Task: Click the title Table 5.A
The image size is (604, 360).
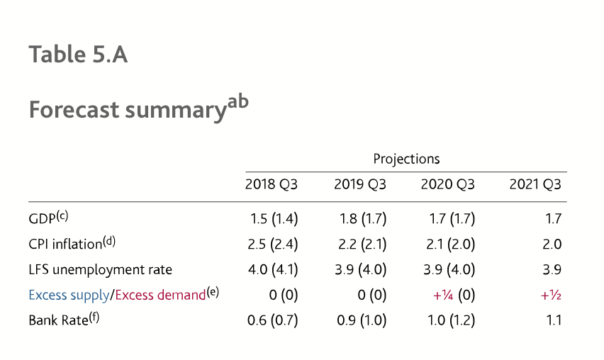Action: pyautogui.click(x=78, y=55)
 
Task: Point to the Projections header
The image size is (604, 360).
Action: pyautogui.click(x=406, y=158)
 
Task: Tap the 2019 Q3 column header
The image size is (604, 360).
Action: pyautogui.click(x=360, y=185)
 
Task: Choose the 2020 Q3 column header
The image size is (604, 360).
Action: pyautogui.click(x=447, y=185)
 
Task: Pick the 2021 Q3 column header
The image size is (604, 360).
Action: pyautogui.click(x=535, y=185)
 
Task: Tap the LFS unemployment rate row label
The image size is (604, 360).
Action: pyautogui.click(x=100, y=270)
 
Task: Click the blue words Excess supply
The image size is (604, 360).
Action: pyautogui.click(x=69, y=295)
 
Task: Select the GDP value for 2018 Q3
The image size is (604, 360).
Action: pyautogui.click(x=274, y=219)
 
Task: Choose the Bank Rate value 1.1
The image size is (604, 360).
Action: pyautogui.click(x=554, y=320)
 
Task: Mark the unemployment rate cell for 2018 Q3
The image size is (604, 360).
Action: pyautogui.click(x=273, y=270)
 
